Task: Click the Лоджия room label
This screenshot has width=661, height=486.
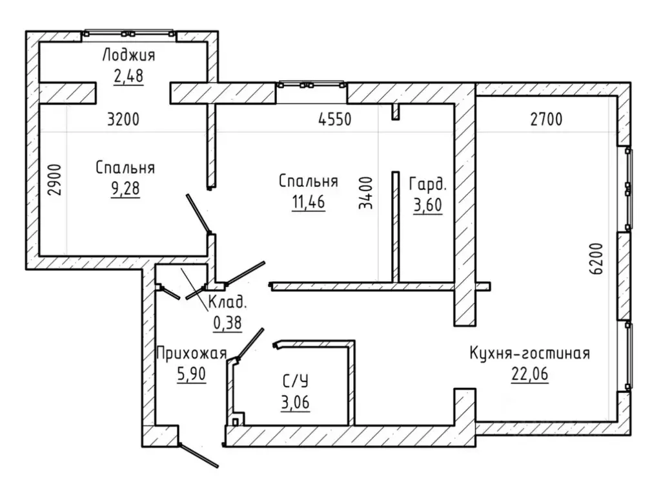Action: pyautogui.click(x=128, y=56)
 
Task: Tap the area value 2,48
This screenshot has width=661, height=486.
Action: pyautogui.click(x=128, y=76)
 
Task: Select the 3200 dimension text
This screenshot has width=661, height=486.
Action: pyautogui.click(x=123, y=120)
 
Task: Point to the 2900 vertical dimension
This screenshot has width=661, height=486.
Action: pyautogui.click(x=55, y=180)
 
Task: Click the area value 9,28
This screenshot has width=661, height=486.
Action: pyautogui.click(x=125, y=189)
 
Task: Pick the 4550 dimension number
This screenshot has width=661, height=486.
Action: pyautogui.click(x=335, y=120)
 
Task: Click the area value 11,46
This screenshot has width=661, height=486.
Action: pyautogui.click(x=309, y=202)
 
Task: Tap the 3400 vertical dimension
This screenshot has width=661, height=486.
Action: pyautogui.click(x=366, y=193)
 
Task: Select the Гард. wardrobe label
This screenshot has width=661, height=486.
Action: pyautogui.click(x=427, y=184)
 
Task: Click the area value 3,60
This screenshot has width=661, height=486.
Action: pyautogui.click(x=428, y=205)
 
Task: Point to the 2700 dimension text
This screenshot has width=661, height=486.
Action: pyautogui.click(x=546, y=120)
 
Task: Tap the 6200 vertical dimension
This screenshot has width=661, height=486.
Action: pyautogui.click(x=596, y=259)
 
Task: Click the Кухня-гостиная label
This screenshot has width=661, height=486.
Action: pyautogui.click(x=530, y=354)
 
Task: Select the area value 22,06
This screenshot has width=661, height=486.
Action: pyautogui.click(x=530, y=374)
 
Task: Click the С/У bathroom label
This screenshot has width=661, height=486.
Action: pyautogui.click(x=295, y=381)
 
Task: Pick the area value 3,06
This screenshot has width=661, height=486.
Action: pyautogui.click(x=295, y=403)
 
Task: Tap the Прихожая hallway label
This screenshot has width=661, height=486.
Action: pyautogui.click(x=192, y=353)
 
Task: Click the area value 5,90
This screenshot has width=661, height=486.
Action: pyautogui.click(x=192, y=374)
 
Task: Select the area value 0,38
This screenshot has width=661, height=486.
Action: pyautogui.click(x=228, y=323)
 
